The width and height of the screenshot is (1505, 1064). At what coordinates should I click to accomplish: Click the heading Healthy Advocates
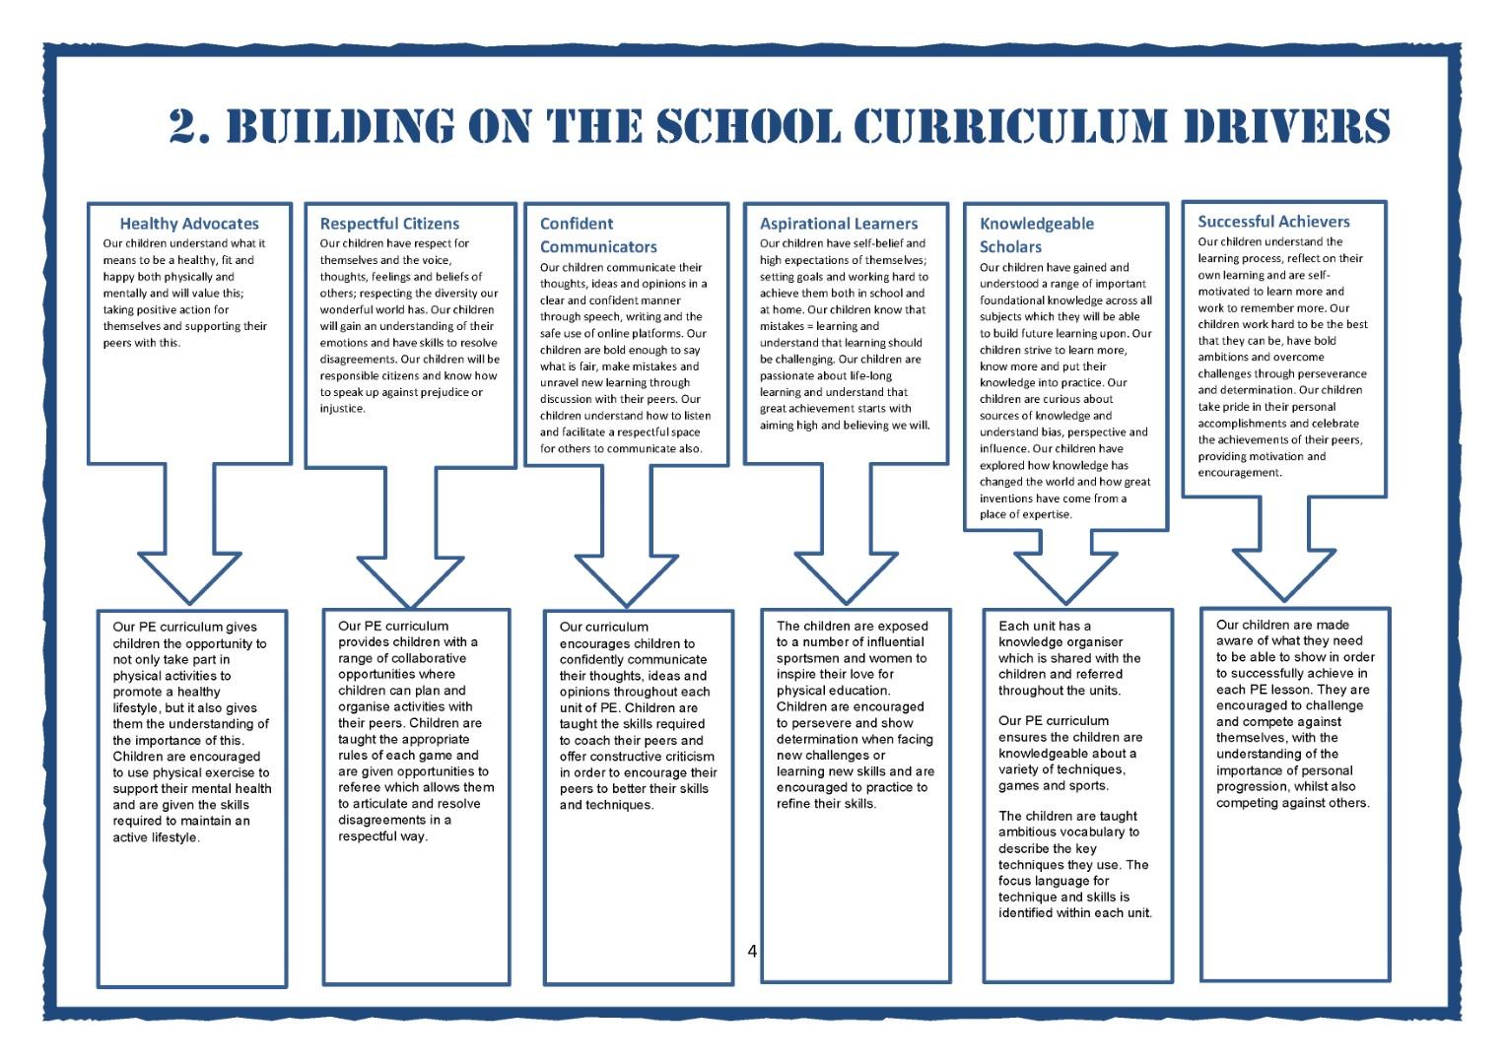[x=189, y=224]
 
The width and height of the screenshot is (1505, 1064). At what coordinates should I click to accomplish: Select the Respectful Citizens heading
[x=389, y=224]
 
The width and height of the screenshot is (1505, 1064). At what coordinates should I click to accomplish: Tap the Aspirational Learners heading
[x=839, y=224]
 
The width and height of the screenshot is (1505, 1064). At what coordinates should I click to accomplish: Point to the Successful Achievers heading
[x=1273, y=222]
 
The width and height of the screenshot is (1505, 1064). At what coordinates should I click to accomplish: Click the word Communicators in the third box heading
[x=598, y=246]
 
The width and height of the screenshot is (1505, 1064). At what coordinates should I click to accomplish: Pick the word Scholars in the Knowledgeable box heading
[x=1010, y=246]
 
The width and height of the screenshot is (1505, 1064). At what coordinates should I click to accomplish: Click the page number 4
[x=752, y=951]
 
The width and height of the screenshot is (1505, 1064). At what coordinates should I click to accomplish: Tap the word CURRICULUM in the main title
[x=1010, y=126]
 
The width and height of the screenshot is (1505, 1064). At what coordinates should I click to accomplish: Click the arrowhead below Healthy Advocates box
[x=189, y=578]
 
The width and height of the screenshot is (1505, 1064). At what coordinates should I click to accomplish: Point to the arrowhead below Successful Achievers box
[x=1284, y=575]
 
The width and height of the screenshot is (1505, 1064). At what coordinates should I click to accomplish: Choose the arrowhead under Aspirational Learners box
[x=846, y=578]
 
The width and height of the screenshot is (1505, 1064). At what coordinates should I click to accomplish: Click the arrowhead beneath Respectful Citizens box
[x=411, y=582]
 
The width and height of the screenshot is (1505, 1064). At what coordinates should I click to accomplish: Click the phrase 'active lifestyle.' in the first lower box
[x=156, y=837]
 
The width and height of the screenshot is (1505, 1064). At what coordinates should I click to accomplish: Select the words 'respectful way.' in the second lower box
[x=383, y=836]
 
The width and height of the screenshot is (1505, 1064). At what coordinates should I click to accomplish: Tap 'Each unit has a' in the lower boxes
[x=1045, y=626]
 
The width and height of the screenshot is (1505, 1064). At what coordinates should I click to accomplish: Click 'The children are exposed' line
[x=852, y=626]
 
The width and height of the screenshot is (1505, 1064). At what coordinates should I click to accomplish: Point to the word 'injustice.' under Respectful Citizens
[x=343, y=409]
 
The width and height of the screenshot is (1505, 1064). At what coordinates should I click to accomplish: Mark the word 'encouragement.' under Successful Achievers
[x=1240, y=473]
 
